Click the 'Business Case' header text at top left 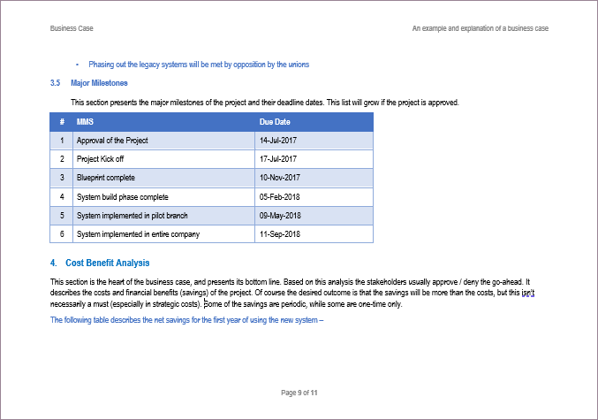[x=73, y=29]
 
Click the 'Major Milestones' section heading [x=99, y=83]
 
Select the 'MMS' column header [x=86, y=122]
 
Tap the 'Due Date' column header [x=275, y=122]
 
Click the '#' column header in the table [x=62, y=122]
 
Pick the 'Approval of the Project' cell [x=112, y=141]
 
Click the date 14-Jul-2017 [x=279, y=141]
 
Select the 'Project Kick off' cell [x=101, y=159]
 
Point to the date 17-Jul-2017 [x=279, y=159]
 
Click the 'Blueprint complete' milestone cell [x=106, y=178]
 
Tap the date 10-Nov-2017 [x=280, y=178]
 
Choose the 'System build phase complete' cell [x=122, y=196]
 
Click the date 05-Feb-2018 [x=280, y=196]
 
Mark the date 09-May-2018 [x=281, y=215]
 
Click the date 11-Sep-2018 [x=280, y=234]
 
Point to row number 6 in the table [x=62, y=234]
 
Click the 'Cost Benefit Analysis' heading [x=107, y=263]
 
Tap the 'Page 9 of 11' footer [x=299, y=393]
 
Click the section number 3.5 [x=55, y=83]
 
